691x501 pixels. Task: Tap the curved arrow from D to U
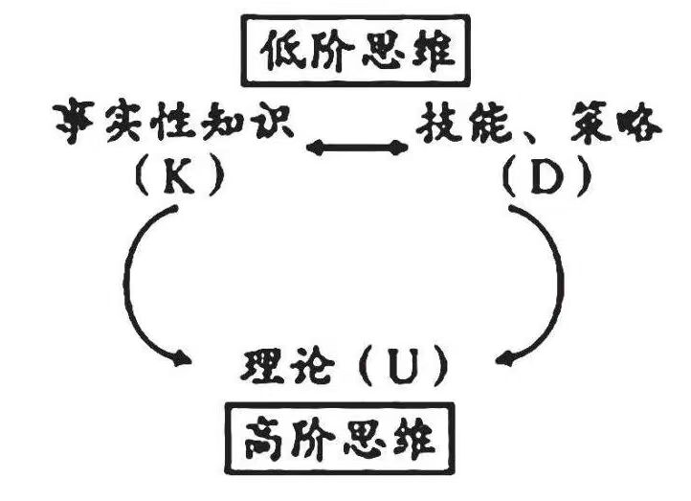pos(556,287)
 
